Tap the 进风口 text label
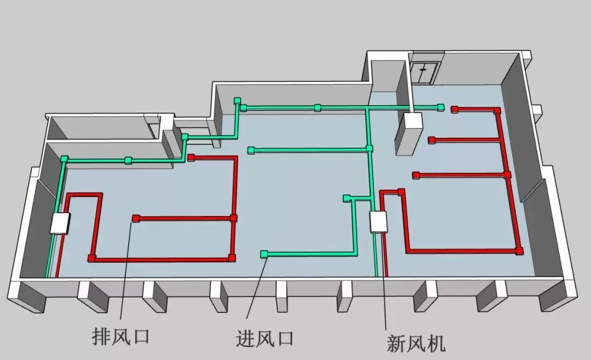[x=265, y=338]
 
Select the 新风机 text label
[x=416, y=343]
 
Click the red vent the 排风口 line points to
[x=135, y=219]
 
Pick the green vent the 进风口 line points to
[x=264, y=253]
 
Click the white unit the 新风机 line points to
[x=378, y=222]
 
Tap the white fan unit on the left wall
[x=60, y=224]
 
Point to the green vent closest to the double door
[x=440, y=107]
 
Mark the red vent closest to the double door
[x=454, y=109]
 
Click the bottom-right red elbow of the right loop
[x=519, y=251]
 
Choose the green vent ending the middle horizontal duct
[x=251, y=150]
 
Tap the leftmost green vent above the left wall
[x=65, y=159]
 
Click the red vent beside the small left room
[x=191, y=158]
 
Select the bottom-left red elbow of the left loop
[x=91, y=258]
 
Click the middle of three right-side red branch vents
[x=431, y=140]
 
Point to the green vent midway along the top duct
[x=317, y=107]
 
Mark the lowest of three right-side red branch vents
[x=416, y=175]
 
